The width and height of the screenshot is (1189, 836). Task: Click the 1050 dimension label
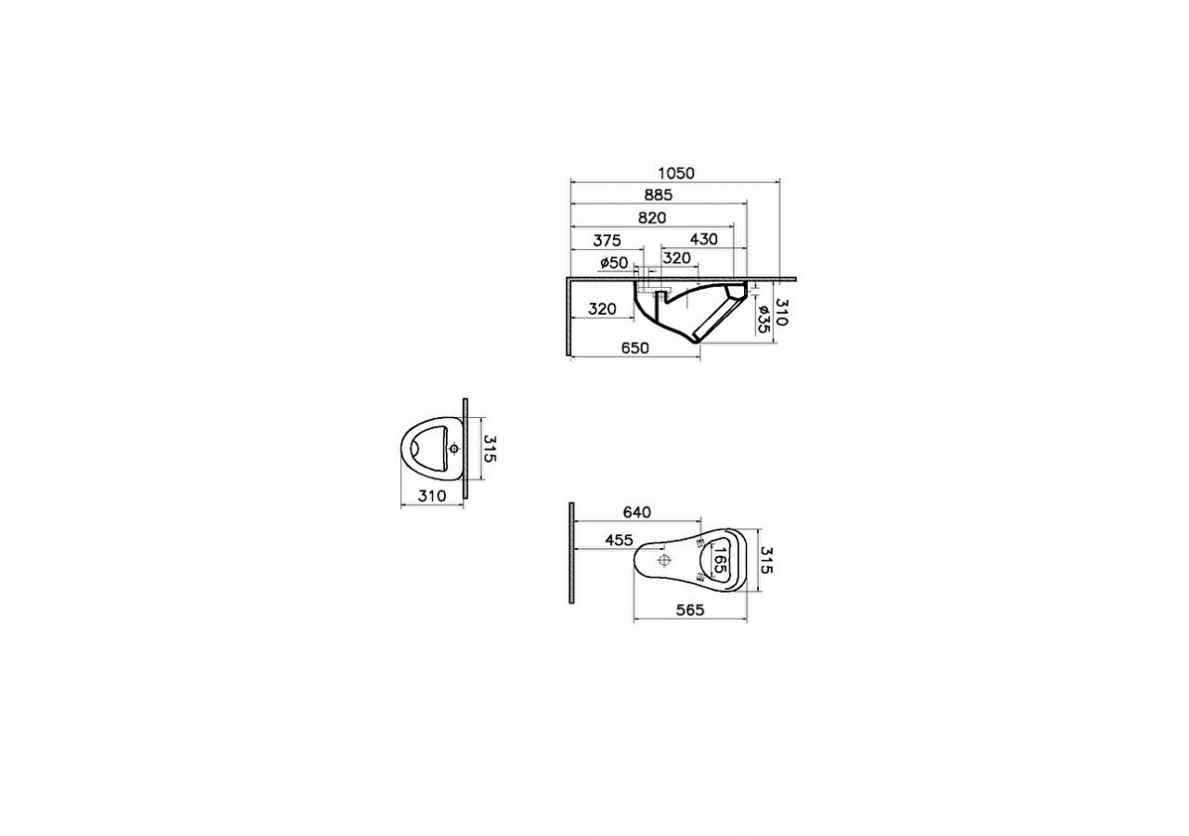click(675, 174)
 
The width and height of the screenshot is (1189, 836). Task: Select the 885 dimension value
click(659, 195)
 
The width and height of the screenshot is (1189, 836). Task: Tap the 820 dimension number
click(652, 217)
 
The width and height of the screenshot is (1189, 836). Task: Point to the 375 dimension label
click(607, 241)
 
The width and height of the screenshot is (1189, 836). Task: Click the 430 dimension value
click(704, 239)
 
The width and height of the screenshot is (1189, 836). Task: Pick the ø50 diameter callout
click(614, 263)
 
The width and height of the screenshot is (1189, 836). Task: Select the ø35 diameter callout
click(764, 319)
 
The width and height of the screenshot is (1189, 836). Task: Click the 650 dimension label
click(634, 347)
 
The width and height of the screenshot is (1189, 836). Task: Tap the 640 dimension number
click(636, 512)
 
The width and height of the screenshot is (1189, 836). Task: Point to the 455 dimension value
click(619, 540)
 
